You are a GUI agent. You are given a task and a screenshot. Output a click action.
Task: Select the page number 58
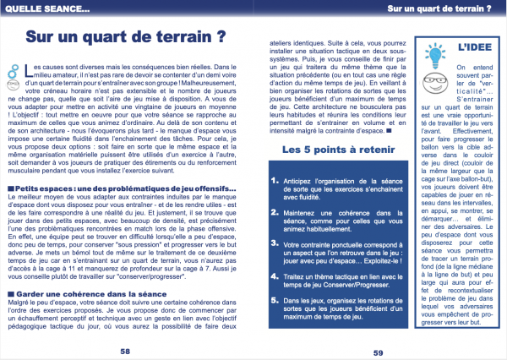124,349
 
